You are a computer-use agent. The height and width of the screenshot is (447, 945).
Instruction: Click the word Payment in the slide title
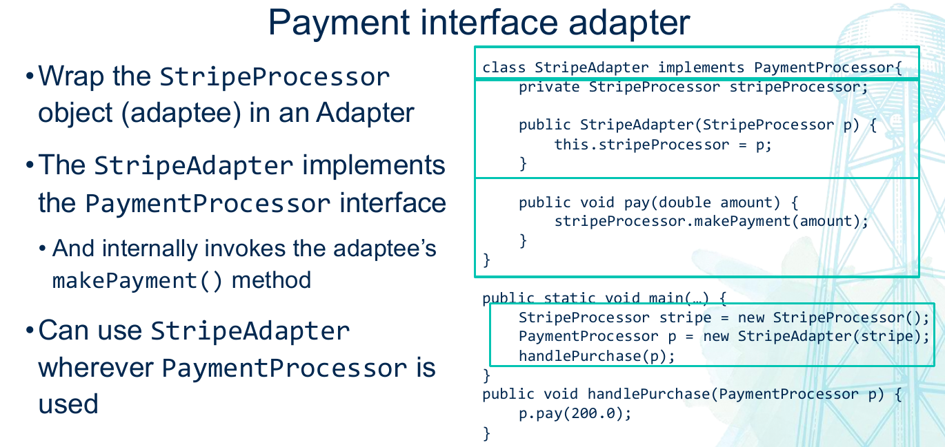339,23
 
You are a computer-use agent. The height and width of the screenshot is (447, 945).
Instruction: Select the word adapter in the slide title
629,24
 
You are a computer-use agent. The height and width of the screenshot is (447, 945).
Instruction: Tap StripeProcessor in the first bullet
275,78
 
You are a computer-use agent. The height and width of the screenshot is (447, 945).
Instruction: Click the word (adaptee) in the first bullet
181,114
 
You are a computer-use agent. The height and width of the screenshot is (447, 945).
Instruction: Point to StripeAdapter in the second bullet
193,165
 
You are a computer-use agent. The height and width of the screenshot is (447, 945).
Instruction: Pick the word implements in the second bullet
374,165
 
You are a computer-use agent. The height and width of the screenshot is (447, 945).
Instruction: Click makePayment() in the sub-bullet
137,281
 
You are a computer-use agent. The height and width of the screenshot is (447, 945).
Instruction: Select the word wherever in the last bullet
96,368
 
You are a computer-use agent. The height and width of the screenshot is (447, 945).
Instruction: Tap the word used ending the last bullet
68,404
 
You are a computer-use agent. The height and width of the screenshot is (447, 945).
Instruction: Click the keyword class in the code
504,67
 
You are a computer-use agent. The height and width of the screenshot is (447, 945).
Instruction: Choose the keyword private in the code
549,87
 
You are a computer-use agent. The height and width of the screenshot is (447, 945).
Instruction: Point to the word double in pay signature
685,202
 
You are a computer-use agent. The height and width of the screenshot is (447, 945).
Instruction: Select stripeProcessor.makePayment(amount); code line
711,222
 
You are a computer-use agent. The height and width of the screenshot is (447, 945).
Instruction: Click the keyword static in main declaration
570,298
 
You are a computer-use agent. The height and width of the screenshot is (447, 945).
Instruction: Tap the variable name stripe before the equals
685,318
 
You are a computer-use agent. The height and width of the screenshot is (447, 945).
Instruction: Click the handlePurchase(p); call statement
597,356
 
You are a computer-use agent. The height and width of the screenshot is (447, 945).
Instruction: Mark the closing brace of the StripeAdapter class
486,260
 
